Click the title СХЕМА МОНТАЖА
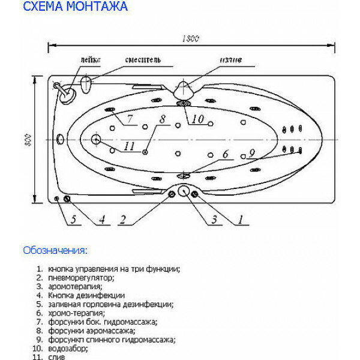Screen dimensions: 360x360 tap(75, 8)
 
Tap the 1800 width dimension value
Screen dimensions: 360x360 tap(191, 39)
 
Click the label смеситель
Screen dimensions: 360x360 tap(143, 60)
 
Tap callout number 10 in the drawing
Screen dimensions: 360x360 tap(198, 118)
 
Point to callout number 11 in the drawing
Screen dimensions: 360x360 tap(129, 146)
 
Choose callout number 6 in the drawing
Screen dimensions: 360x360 tap(225, 155)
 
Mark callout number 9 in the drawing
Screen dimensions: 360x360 tap(251, 154)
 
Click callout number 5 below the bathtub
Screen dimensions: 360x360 tap(73, 220)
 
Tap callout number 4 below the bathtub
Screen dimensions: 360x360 tap(101, 220)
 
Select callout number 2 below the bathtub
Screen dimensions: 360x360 tap(122, 220)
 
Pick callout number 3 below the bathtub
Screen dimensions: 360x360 tap(214, 220)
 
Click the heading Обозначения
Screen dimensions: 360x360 tap(55, 250)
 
